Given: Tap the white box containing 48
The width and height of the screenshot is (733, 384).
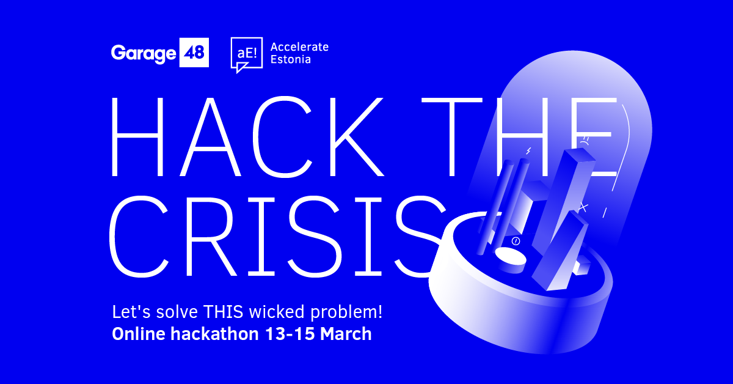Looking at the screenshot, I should [195, 53].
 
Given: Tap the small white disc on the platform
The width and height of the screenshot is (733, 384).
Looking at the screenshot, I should [510, 257].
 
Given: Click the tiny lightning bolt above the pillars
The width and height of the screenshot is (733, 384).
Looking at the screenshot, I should [529, 150].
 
